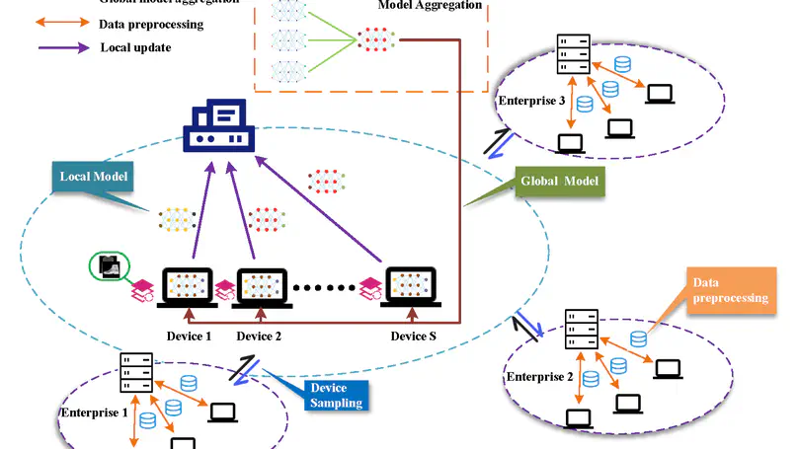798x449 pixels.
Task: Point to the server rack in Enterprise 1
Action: tap(135, 372)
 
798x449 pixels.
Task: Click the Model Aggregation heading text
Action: tap(431, 6)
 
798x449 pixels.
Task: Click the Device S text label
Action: tap(413, 337)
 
